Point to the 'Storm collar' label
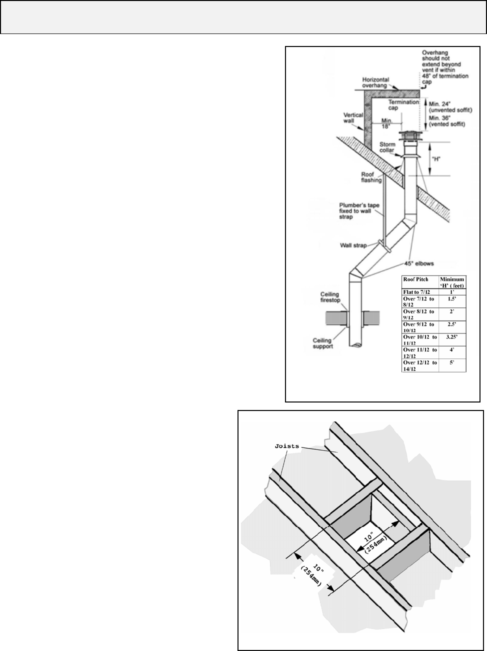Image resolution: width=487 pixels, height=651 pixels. [x=386, y=147]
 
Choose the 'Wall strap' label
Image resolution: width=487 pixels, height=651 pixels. [x=353, y=245]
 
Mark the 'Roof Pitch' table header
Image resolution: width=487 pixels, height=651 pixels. [x=414, y=279]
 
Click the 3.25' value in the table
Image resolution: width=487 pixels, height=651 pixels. [x=452, y=336]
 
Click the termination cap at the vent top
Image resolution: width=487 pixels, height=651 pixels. [x=409, y=135]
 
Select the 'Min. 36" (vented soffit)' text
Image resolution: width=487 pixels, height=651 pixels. [x=447, y=120]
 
